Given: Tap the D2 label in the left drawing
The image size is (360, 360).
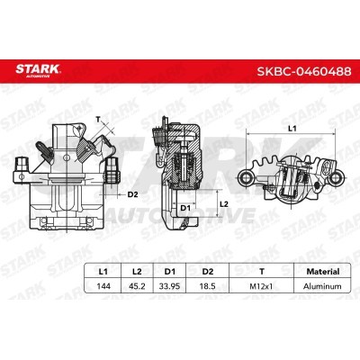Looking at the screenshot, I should coord(132,193).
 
